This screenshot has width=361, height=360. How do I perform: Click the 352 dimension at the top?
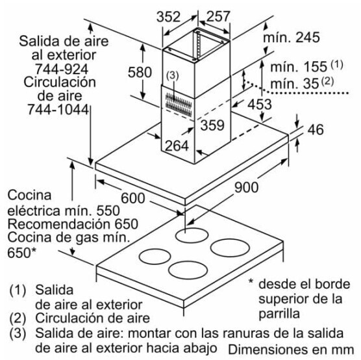tap(168, 17)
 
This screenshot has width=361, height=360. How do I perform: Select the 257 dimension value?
tap(218, 16)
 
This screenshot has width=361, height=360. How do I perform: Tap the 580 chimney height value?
tap(140, 72)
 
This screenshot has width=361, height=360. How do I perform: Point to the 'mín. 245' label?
tap(292, 37)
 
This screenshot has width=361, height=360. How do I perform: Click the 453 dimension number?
tap(260, 104)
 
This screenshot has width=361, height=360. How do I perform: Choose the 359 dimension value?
tap(212, 125)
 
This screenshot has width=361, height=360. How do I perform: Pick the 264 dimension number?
tap(177, 146)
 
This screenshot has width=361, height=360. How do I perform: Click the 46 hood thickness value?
tap(316, 129)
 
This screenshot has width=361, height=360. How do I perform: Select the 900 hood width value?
tap(246, 187)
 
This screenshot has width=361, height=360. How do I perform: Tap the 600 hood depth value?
tap(133, 198)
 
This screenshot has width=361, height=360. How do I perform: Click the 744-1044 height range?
tap(58, 109)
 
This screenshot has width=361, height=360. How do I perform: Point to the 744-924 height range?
tap(62, 69)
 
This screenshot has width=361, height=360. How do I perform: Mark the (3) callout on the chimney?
tap(173, 75)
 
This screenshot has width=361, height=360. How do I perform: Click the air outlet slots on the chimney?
tap(179, 105)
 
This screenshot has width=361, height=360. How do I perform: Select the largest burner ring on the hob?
tap(230, 248)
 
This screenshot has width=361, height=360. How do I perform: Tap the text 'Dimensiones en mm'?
tap(291, 350)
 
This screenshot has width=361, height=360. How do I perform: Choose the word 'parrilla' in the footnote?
tap(279, 314)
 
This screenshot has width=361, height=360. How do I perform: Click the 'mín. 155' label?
tap(299, 67)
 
